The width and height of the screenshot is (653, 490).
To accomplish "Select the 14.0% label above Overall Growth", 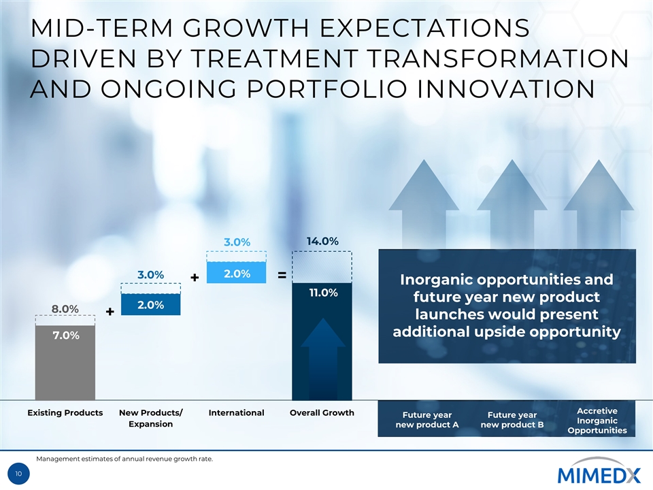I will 322,241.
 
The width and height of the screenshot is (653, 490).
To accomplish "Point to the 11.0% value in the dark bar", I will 322,293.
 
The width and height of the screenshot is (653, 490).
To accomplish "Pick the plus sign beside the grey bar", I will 110,312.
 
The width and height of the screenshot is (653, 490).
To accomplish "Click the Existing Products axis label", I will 65,412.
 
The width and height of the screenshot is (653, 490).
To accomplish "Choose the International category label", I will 236,412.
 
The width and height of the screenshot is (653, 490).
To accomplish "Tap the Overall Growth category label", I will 322,412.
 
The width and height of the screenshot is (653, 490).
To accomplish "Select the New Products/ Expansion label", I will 150,418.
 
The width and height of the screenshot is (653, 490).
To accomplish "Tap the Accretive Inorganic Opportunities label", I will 597,421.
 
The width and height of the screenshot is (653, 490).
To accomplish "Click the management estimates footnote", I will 124,459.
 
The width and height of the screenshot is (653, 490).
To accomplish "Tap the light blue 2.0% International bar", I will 236,273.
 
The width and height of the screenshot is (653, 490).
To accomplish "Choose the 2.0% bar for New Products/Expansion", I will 150,304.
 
